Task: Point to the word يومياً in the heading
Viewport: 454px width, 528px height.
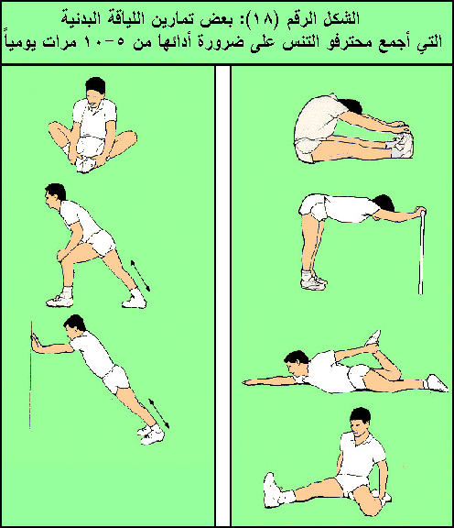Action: coord(19,42)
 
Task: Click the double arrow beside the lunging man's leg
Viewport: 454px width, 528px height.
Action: coord(140,275)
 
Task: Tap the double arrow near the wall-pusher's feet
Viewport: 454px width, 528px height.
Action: coord(159,413)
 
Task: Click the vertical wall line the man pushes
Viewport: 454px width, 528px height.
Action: coord(31,375)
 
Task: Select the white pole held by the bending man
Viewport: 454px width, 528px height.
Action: coord(421,251)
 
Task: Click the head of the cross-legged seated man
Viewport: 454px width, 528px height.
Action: coord(95,90)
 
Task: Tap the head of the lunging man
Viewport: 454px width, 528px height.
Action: coord(55,196)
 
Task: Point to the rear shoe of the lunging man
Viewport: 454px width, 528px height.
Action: coord(135,300)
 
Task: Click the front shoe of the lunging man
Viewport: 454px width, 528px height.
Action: coord(60,300)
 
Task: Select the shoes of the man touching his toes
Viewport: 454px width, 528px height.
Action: coord(402,145)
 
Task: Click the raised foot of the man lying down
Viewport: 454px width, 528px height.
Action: coord(373,338)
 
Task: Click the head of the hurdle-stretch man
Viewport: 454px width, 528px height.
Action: coord(360,423)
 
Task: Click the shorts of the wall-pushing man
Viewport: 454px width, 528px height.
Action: coord(115,379)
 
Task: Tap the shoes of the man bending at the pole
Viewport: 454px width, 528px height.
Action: coord(314,281)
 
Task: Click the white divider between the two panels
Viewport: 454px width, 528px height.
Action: coord(222,295)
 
